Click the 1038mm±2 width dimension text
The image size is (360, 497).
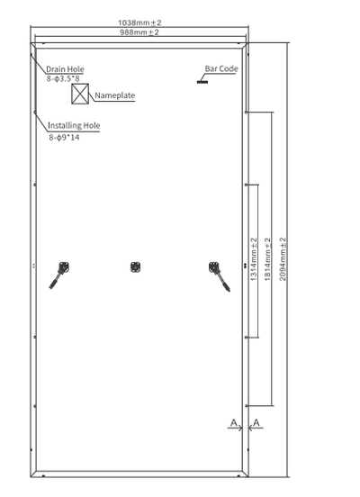tap(139, 23)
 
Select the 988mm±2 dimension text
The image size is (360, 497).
tap(139, 32)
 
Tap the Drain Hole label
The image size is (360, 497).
tap(65, 68)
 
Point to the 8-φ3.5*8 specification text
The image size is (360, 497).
tap(64, 79)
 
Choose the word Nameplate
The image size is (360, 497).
tap(114, 94)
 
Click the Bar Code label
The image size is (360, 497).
tap(220, 68)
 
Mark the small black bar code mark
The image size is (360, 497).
tap(203, 81)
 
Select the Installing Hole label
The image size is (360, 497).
tap(74, 126)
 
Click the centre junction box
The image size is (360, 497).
tap(136, 267)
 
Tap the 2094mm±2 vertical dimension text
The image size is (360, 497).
tap(283, 257)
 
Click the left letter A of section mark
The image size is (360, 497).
tap(232, 422)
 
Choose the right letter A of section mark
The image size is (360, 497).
tap(257, 422)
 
